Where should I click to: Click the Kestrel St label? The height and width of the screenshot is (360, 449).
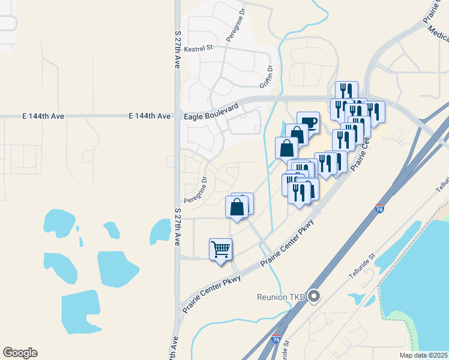point(199,48)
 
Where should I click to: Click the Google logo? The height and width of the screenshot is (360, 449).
point(20,353)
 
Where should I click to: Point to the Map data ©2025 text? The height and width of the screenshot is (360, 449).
point(423,355)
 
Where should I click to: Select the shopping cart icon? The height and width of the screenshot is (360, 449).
point(220,248)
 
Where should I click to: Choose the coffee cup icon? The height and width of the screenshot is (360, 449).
point(308,122)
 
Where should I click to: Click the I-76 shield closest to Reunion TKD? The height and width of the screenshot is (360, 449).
point(277,339)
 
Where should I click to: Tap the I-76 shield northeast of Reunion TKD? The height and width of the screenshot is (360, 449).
point(379,208)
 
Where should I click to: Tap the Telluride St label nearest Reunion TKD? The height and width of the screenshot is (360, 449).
point(362,266)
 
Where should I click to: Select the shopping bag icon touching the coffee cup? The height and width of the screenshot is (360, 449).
point(297,134)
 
